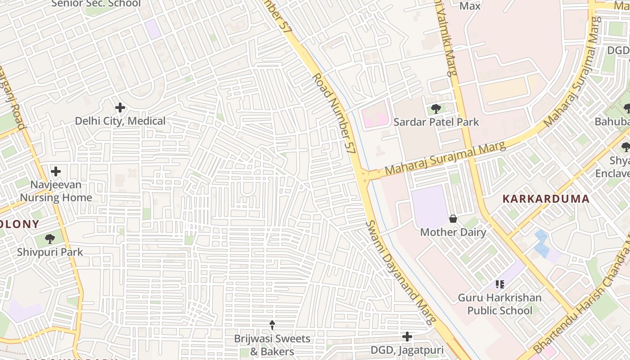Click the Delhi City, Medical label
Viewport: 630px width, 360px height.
[x=120, y=121]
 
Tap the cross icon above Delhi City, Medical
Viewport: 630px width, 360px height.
[x=120, y=108]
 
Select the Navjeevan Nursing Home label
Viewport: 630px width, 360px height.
[x=56, y=191]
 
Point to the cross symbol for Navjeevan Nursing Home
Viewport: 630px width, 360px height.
[x=56, y=171]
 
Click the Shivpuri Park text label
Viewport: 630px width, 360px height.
[x=50, y=252]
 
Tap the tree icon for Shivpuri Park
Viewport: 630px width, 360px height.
[x=50, y=239]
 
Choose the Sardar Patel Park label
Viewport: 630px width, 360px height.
[x=436, y=122]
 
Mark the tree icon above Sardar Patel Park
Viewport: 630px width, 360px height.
[x=436, y=108]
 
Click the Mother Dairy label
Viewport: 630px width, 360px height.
[x=453, y=232]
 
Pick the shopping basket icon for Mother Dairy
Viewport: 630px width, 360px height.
[x=453, y=219]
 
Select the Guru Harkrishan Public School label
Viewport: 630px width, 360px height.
[x=499, y=304]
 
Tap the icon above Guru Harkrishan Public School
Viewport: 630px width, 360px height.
[x=499, y=284]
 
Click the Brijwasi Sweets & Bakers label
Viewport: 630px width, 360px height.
[x=272, y=345]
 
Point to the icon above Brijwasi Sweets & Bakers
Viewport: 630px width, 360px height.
[x=272, y=325]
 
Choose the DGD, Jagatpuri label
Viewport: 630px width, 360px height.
[x=407, y=350]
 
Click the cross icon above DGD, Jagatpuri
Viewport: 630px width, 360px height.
[x=407, y=337]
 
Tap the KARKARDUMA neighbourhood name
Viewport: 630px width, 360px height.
[x=545, y=199]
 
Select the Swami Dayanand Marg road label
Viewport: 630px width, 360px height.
[x=400, y=272]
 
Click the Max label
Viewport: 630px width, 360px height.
[x=470, y=6]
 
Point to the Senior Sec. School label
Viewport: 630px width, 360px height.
[x=96, y=4]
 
